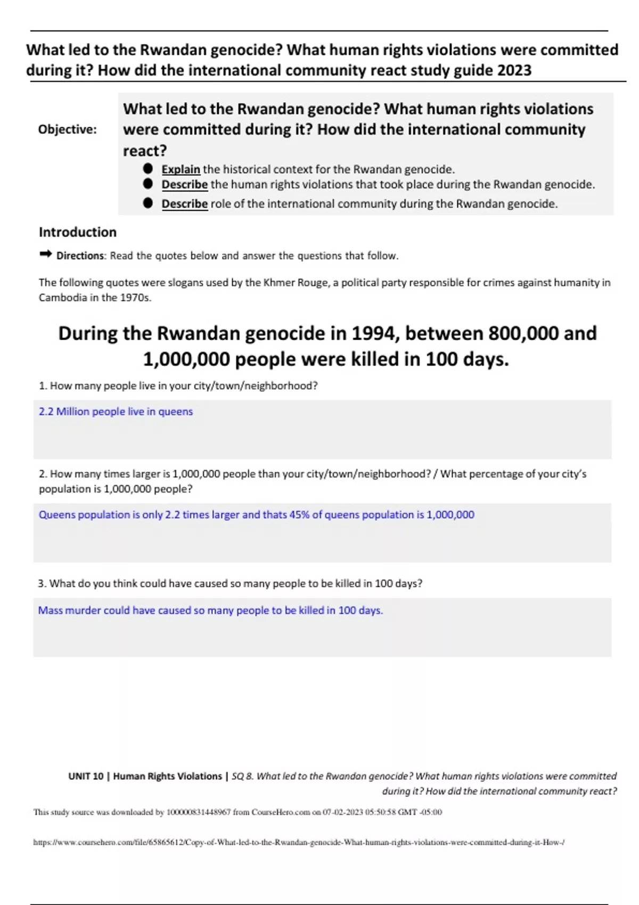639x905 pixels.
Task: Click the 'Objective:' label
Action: pos(68,129)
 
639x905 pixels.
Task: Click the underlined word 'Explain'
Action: pos(181,169)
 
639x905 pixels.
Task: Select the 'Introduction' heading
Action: pos(77,232)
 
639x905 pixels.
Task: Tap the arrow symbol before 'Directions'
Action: pos(45,255)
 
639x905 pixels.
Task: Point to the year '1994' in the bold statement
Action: pos(373,334)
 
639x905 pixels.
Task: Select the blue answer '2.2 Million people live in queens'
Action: pos(116,412)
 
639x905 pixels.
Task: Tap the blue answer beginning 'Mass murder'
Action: pos(210,610)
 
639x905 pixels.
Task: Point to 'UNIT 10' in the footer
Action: pos(86,776)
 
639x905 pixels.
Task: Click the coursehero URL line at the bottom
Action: pos(298,843)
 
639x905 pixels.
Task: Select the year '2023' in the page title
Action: pos(513,70)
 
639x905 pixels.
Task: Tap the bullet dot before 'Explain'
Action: pos(148,169)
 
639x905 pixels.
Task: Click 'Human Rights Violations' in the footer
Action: pos(167,776)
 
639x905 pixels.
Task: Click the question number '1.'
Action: pos(43,386)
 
